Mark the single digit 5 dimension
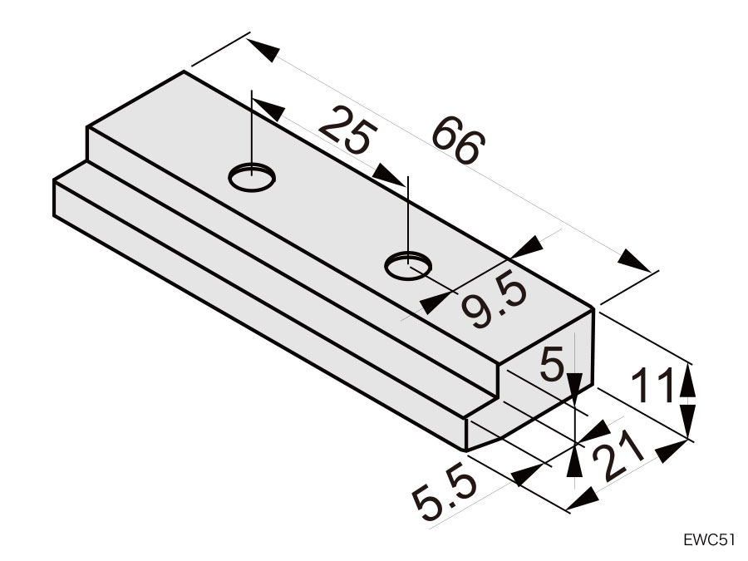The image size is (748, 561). (x=552, y=365)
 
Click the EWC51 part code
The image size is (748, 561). (x=708, y=539)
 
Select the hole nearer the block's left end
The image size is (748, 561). (x=252, y=178)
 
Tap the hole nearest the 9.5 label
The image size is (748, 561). (x=408, y=266)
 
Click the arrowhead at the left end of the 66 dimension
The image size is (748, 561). (x=263, y=50)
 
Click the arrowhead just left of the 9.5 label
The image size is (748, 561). (x=434, y=303)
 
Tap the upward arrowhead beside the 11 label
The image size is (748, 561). (x=687, y=380)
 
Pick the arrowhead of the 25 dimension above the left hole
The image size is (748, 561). (x=268, y=109)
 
